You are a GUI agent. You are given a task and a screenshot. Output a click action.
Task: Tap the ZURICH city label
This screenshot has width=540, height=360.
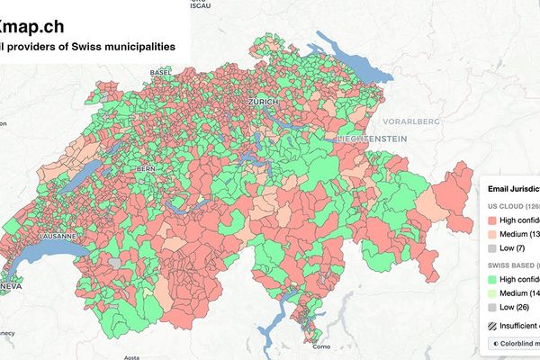(268, 104)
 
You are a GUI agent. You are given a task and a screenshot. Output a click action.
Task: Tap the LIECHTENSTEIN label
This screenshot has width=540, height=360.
(372, 139)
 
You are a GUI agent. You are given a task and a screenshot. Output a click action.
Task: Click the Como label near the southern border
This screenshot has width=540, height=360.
(323, 346)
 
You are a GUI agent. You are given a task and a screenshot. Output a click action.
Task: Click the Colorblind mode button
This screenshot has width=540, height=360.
(514, 343)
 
